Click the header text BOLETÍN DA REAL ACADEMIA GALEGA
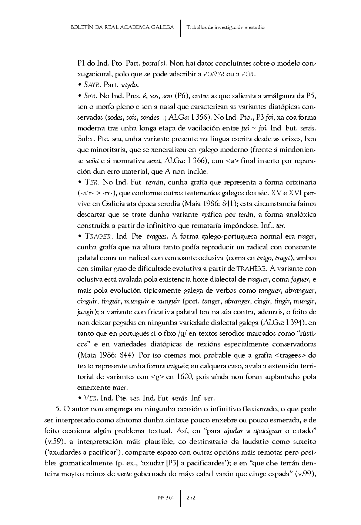point(122,27)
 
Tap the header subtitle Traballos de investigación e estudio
point(225,27)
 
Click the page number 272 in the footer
point(191,498)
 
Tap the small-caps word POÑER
point(214,74)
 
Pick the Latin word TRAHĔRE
point(251,269)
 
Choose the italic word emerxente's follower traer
point(120,388)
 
